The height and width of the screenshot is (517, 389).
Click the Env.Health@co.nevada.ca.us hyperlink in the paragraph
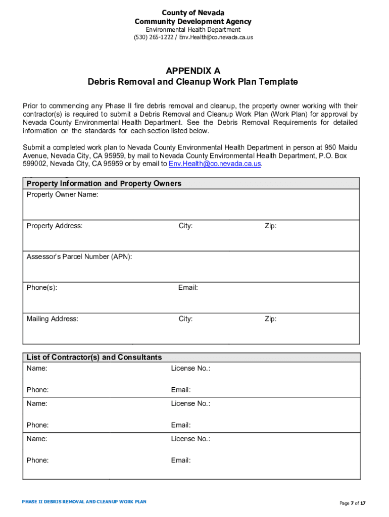click(215, 164)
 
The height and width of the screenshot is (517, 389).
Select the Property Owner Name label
click(62, 194)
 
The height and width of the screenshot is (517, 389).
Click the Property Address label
click(55, 226)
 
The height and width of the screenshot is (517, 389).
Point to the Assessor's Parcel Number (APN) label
click(79, 256)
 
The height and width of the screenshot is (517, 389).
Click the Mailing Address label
click(53, 319)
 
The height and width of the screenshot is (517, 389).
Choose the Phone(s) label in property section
click(42, 288)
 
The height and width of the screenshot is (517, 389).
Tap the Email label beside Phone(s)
click(188, 288)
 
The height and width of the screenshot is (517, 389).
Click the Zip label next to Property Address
click(270, 226)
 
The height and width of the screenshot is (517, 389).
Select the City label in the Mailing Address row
click(185, 319)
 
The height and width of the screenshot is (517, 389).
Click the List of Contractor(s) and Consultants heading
click(94, 357)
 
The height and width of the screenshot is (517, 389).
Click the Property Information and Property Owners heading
click(104, 183)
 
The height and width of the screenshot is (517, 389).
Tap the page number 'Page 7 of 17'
click(352, 503)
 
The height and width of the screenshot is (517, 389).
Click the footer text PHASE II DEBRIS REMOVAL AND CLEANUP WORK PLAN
click(84, 502)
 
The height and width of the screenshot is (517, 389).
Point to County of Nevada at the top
click(193, 13)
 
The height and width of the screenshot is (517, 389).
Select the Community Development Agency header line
click(193, 21)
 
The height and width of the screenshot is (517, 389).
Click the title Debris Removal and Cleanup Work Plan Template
click(192, 82)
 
